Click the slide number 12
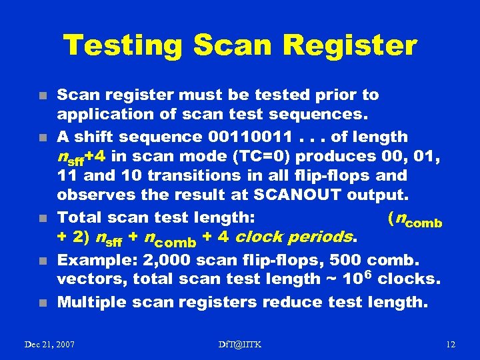tap(450, 344)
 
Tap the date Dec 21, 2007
tap(49, 344)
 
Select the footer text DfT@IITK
tap(240, 344)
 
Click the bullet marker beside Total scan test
tap(42, 218)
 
